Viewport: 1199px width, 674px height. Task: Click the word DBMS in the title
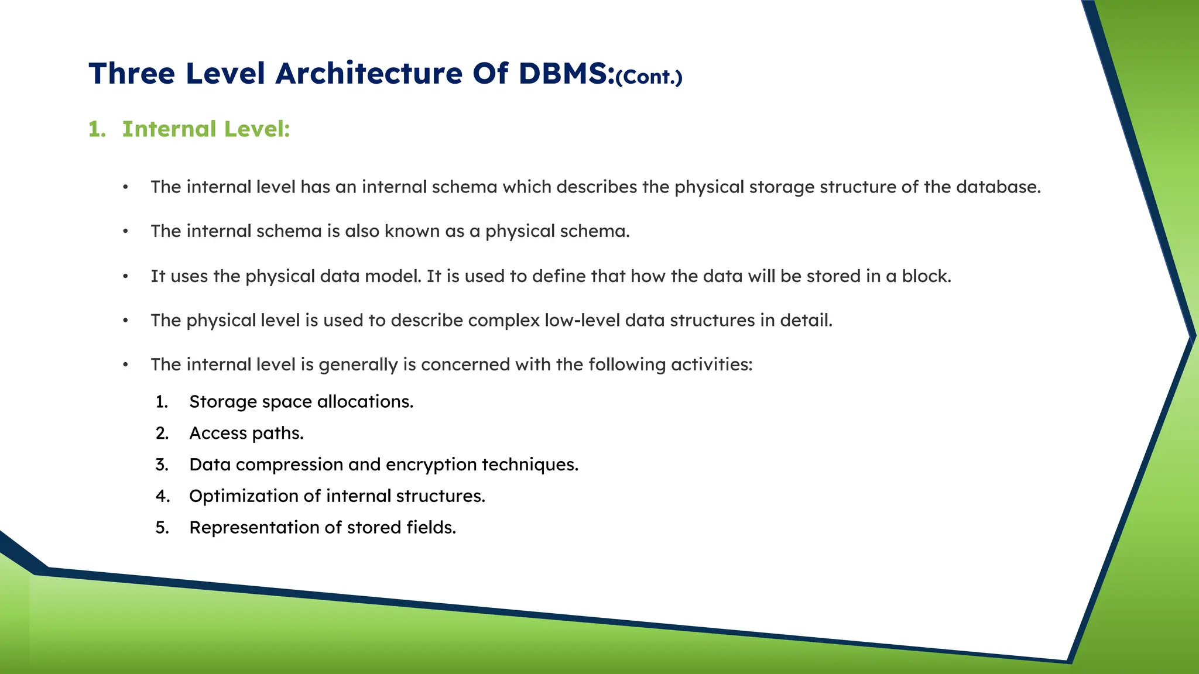coord(566,74)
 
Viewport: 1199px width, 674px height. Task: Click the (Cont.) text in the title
coord(649,77)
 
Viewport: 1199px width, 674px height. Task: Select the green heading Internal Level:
coord(205,129)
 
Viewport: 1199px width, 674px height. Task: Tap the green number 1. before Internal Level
coord(97,129)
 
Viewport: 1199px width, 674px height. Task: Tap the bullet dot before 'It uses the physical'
coord(125,277)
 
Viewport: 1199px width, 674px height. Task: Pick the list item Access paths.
coord(246,434)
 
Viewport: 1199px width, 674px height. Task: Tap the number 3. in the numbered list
coord(162,465)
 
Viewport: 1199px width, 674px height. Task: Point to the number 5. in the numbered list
coord(162,528)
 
